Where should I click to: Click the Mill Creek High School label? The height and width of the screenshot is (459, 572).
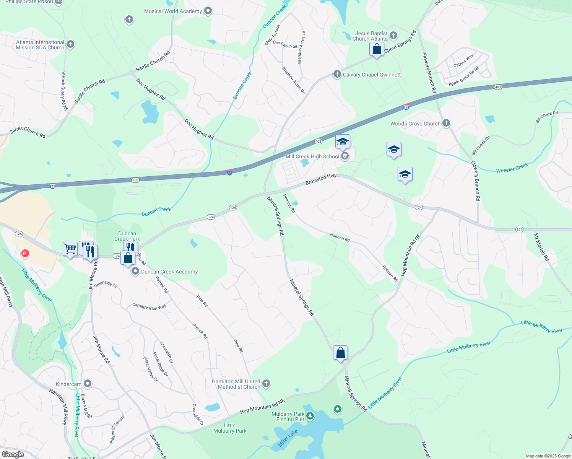312,156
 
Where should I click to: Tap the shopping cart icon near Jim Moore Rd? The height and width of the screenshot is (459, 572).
70,249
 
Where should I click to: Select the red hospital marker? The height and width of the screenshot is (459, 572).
25,253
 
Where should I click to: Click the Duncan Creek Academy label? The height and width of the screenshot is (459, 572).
169,272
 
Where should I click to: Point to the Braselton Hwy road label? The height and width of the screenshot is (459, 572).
321,179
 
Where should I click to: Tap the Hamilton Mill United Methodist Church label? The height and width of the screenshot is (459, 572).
239,384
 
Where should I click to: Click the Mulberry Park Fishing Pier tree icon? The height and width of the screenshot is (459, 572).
310,416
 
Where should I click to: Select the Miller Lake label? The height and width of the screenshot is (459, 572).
288,438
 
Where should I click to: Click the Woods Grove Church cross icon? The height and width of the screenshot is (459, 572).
446,123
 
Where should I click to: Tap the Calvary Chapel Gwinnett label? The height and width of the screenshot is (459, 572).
372,75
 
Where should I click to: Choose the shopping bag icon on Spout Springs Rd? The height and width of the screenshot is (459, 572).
377,49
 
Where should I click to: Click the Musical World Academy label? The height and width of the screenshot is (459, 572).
173,11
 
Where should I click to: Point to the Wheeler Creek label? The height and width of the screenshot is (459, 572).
512,168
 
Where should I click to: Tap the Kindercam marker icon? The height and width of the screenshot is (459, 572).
88,383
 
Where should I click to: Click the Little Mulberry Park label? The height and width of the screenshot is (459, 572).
230,428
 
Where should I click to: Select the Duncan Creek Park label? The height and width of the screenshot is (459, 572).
127,236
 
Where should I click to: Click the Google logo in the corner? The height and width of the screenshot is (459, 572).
13,454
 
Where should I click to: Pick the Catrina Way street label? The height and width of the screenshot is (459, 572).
463,60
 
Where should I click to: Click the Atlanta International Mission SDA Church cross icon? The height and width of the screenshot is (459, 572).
70,44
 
